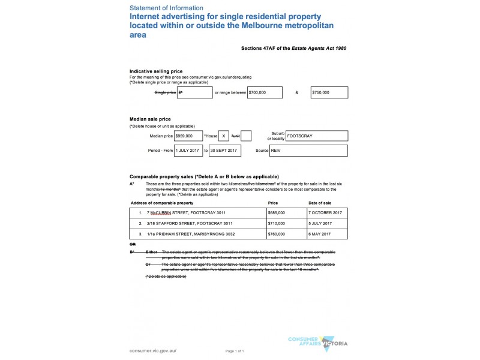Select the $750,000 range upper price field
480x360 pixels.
(329, 93)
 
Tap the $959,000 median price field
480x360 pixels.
(188, 136)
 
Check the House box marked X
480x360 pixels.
(223, 136)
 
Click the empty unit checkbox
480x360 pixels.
(246, 136)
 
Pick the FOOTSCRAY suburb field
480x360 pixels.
(316, 136)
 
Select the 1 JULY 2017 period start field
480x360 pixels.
(188, 151)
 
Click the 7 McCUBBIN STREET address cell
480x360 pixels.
(198, 213)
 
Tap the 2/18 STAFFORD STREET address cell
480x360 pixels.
(198, 223)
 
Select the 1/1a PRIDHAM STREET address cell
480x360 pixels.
(198, 233)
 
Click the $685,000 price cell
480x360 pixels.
(286, 213)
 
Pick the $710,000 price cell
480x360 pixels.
(286, 223)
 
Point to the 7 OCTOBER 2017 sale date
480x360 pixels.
(327, 213)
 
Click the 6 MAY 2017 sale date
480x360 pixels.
(327, 233)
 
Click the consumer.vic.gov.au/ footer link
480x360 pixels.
(153, 350)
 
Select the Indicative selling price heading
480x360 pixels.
(156, 71)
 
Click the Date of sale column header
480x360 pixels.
(320, 203)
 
